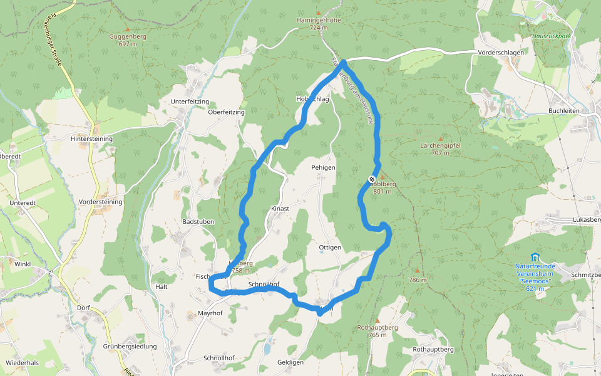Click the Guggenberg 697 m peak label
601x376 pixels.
[x=128, y=40]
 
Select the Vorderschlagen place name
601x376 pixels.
[x=500, y=53]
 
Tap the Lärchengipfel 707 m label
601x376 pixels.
[x=440, y=149]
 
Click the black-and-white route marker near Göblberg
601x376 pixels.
[x=372, y=180]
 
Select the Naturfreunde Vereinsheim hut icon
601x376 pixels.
[x=534, y=257]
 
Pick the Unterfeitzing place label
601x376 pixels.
[x=189, y=101]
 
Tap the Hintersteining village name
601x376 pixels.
[x=91, y=138]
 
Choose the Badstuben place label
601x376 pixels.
[x=198, y=222]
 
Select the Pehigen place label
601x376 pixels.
[x=324, y=168]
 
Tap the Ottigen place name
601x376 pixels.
[x=330, y=247]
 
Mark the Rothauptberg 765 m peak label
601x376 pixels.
[x=377, y=331]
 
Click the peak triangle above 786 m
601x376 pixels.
[x=416, y=271]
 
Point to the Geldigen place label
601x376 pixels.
[x=290, y=363]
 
